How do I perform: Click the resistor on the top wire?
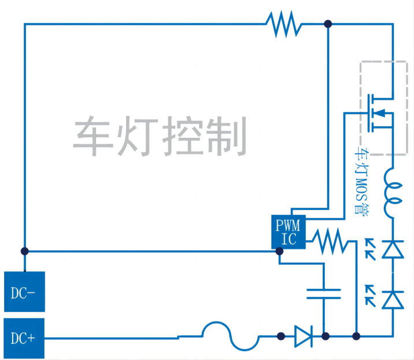pyautogui.click(x=283, y=24)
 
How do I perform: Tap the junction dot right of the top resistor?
pyautogui.click(x=328, y=24)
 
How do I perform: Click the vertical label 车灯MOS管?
pyautogui.click(x=362, y=183)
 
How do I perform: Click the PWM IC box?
pyautogui.click(x=288, y=232)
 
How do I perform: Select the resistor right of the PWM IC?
pyautogui.click(x=332, y=240)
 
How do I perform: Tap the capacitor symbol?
pyautogui.click(x=325, y=292)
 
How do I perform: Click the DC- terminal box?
pyautogui.click(x=24, y=292)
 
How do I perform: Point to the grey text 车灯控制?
pyautogui.click(x=160, y=135)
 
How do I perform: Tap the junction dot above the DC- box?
pyautogui.click(x=24, y=251)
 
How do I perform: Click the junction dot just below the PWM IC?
pyautogui.click(x=279, y=251)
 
